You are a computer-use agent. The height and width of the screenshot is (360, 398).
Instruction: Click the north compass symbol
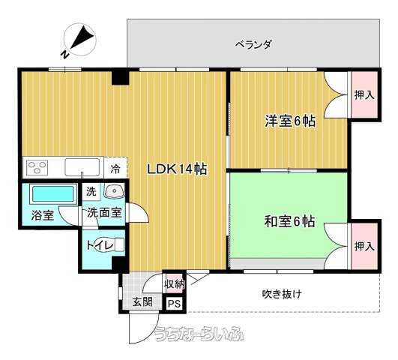[79, 40]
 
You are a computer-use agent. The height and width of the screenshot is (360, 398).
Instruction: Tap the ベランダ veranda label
[253, 45]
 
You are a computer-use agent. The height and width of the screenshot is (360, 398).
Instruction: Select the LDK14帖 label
[177, 169]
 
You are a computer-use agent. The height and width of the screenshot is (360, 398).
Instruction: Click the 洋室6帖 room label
[290, 121]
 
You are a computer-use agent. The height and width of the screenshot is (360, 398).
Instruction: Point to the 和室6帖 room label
[290, 221]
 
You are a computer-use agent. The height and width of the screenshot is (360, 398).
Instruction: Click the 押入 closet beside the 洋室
[364, 94]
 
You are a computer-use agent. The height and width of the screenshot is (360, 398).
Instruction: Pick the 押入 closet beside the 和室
[364, 246]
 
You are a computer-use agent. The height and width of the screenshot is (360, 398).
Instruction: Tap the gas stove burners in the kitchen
[37, 167]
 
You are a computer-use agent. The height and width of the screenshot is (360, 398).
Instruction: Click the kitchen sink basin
[82, 167]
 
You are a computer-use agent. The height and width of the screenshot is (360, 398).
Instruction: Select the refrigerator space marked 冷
[115, 168]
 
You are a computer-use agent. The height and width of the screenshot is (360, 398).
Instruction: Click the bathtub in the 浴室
[53, 194]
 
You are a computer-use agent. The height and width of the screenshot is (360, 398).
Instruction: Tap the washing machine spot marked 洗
[91, 191]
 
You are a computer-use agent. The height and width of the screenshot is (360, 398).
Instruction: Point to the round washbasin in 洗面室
[114, 190]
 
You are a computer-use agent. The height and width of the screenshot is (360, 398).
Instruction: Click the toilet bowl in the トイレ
[111, 244]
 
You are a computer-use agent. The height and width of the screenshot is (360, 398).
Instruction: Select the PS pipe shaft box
[175, 304]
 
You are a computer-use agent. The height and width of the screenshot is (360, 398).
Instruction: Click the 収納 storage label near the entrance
[175, 284]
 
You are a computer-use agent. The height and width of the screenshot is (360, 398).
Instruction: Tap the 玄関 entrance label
[142, 301]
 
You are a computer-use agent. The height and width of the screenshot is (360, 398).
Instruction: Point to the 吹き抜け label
[282, 294]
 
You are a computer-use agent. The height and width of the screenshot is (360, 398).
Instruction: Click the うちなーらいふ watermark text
[199, 333]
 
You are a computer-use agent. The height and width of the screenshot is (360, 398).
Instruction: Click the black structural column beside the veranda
[121, 78]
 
